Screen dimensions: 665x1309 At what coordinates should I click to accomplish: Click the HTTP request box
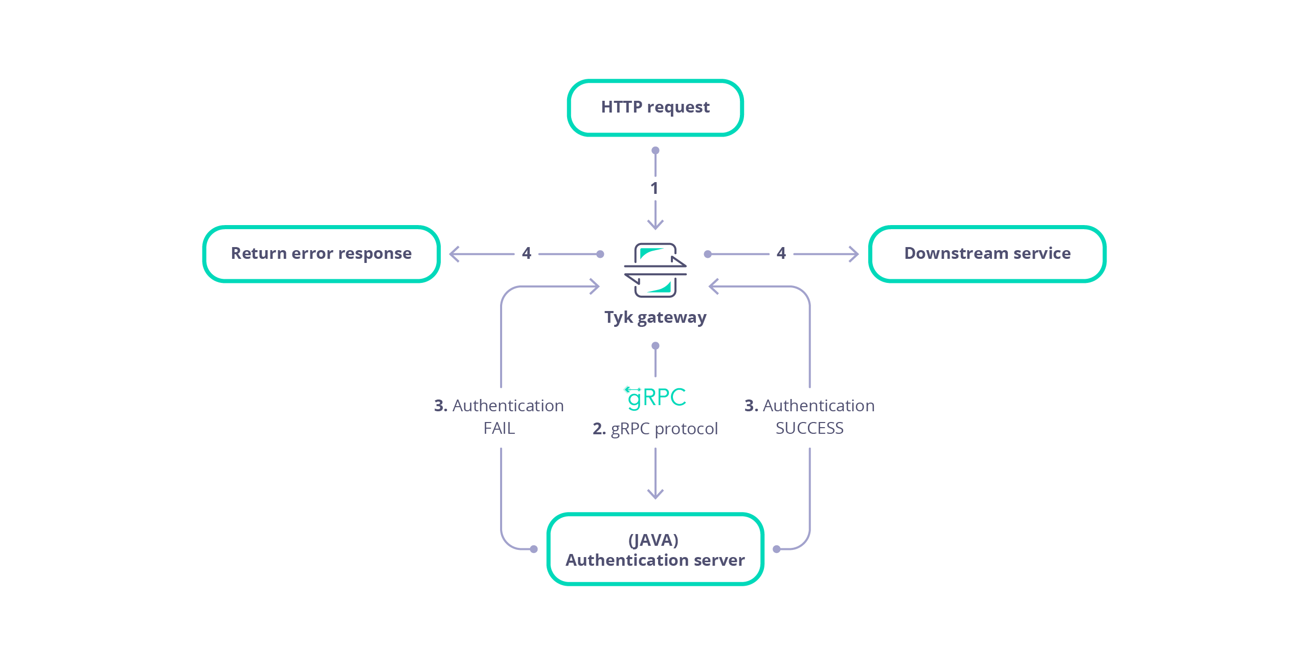point(655,107)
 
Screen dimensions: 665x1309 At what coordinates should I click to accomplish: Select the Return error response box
point(321,254)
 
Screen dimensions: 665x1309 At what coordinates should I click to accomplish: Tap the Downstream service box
point(987,254)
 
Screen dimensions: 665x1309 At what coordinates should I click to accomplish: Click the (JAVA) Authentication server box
point(655,549)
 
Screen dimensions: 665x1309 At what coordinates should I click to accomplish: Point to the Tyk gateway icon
point(655,270)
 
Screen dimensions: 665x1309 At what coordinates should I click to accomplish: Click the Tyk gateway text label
point(655,317)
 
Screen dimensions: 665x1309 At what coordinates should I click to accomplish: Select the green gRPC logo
point(656,397)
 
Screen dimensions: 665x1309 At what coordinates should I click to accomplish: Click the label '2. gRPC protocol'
point(655,429)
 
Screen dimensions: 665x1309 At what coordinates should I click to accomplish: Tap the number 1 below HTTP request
point(654,188)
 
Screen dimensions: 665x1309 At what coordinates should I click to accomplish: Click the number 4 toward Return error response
point(527,253)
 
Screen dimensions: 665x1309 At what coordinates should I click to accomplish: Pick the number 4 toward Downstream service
point(781,253)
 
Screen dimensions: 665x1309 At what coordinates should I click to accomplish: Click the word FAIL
point(499,428)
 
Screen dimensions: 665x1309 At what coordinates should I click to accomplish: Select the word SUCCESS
point(809,428)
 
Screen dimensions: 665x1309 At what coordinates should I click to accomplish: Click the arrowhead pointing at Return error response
point(454,254)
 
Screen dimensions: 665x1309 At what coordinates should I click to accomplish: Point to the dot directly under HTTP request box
point(655,150)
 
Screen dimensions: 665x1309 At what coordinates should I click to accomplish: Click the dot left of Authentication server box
point(534,549)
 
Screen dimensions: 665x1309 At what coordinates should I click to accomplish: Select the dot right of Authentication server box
point(776,549)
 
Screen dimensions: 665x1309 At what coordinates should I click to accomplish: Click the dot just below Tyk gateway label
point(655,346)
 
